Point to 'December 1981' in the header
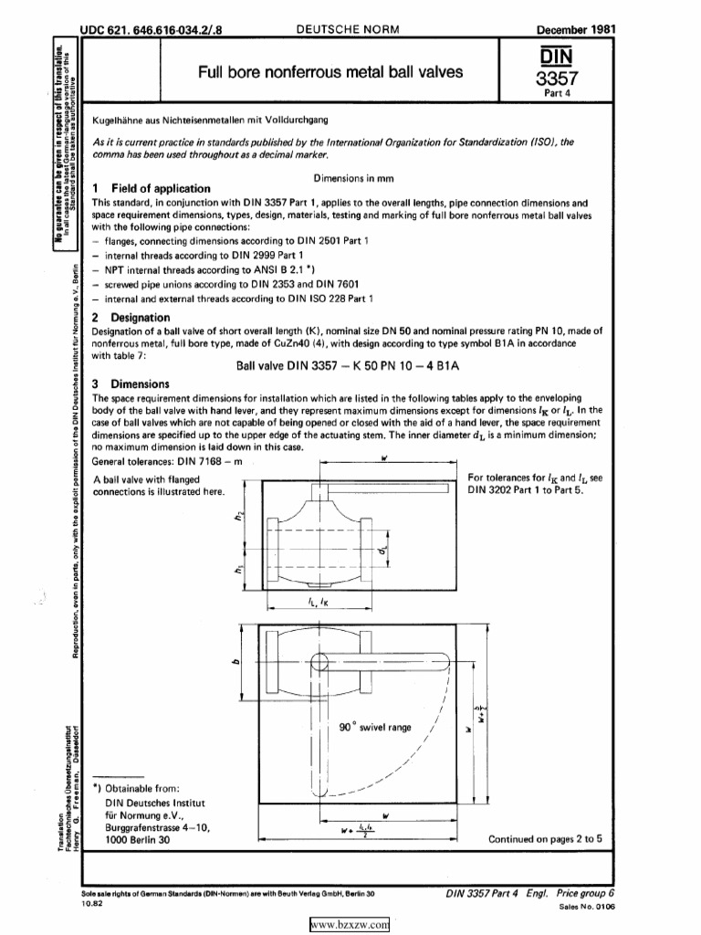pos(576,30)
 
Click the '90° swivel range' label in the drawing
pos(374,728)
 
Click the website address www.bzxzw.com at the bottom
pos(350,926)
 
